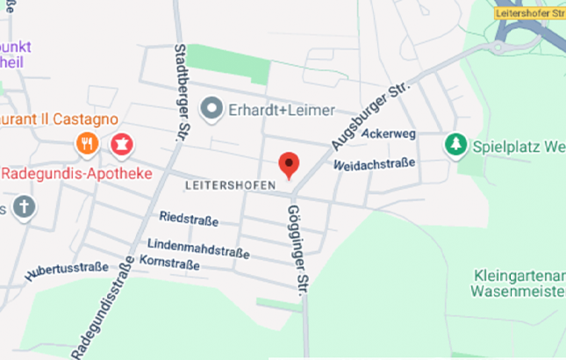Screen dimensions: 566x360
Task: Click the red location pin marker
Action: [289, 163]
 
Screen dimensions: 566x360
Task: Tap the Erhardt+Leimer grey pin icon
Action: [211, 111]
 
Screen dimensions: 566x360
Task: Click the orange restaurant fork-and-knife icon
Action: [87, 143]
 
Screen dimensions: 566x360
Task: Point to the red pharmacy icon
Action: [120, 143]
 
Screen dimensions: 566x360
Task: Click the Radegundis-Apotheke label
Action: [76, 173]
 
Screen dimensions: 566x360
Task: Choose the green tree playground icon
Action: [455, 144]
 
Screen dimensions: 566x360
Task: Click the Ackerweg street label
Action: [387, 134]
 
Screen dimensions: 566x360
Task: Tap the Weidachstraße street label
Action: [373, 163]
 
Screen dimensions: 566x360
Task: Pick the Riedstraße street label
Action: [189, 218]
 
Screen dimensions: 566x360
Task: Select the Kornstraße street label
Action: [168, 263]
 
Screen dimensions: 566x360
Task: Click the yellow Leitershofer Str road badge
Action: [529, 13]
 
